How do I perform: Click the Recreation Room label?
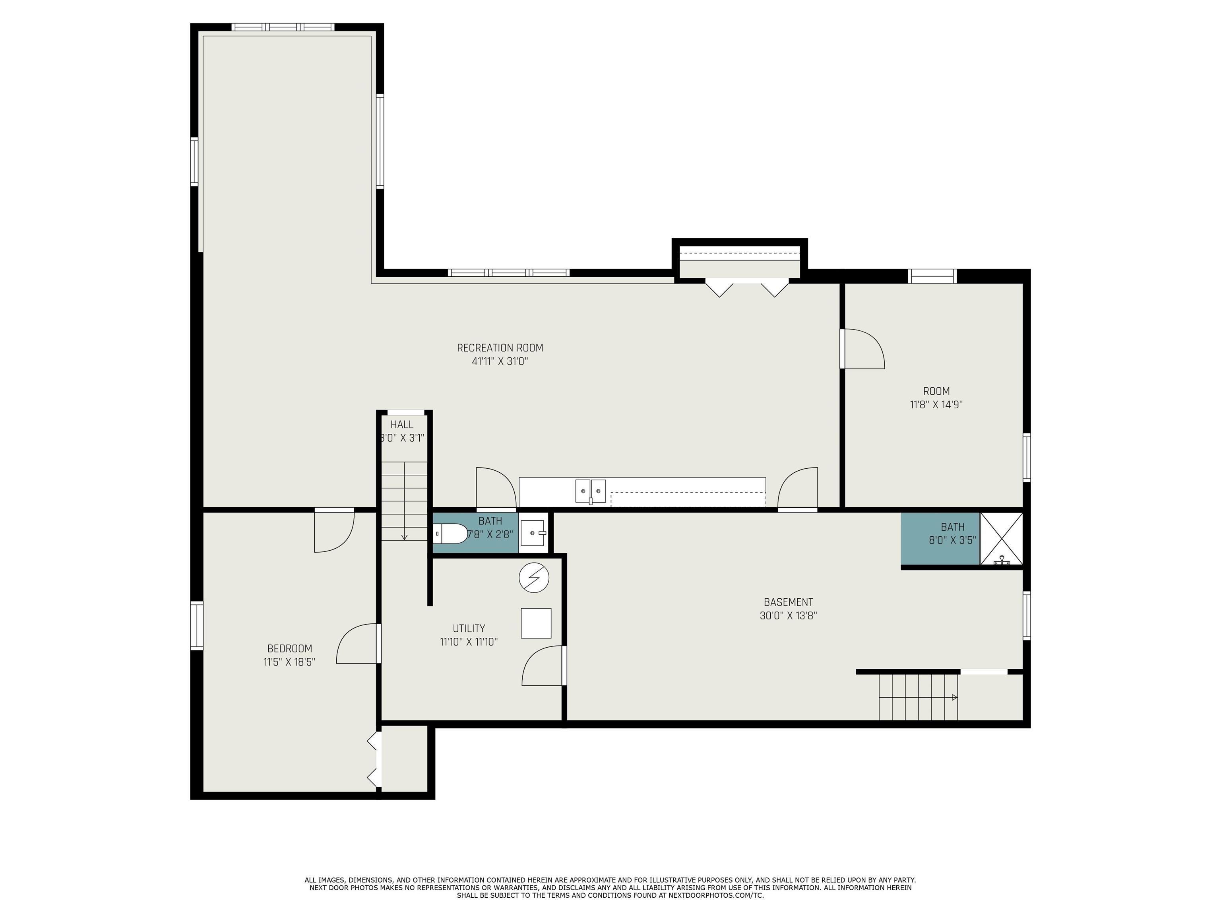click(x=500, y=348)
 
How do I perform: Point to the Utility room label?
click(x=469, y=628)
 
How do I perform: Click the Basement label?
click(x=788, y=602)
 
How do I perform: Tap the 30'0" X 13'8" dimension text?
click(x=788, y=615)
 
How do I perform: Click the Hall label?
click(x=402, y=425)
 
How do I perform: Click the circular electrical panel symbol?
click(x=534, y=578)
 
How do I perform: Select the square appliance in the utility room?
click(x=536, y=623)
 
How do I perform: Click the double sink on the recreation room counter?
click(x=591, y=491)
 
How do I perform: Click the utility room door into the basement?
click(x=544, y=665)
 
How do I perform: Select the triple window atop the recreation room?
click(x=283, y=27)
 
